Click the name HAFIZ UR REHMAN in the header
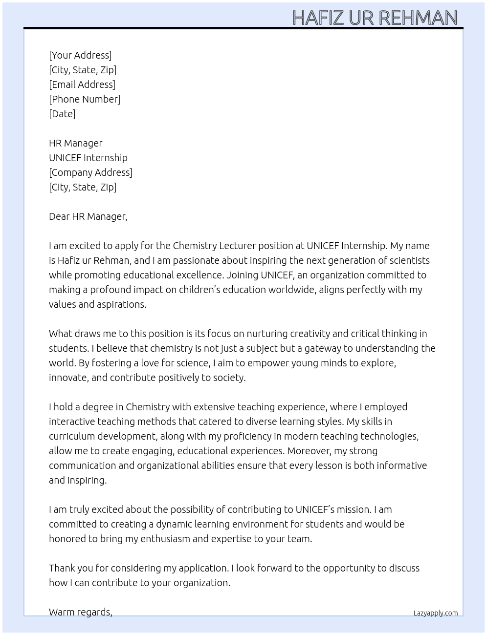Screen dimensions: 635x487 (x=375, y=18)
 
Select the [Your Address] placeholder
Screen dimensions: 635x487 (x=80, y=55)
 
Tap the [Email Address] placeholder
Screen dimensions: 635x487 (x=82, y=85)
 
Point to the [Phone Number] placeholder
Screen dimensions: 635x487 (x=85, y=99)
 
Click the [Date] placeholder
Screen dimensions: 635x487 (x=62, y=114)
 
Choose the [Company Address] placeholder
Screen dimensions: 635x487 (x=90, y=172)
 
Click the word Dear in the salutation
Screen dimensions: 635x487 (x=59, y=216)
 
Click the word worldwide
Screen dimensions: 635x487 (x=291, y=290)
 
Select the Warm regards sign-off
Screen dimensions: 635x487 (x=80, y=612)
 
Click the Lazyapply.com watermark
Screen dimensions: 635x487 (x=436, y=613)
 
